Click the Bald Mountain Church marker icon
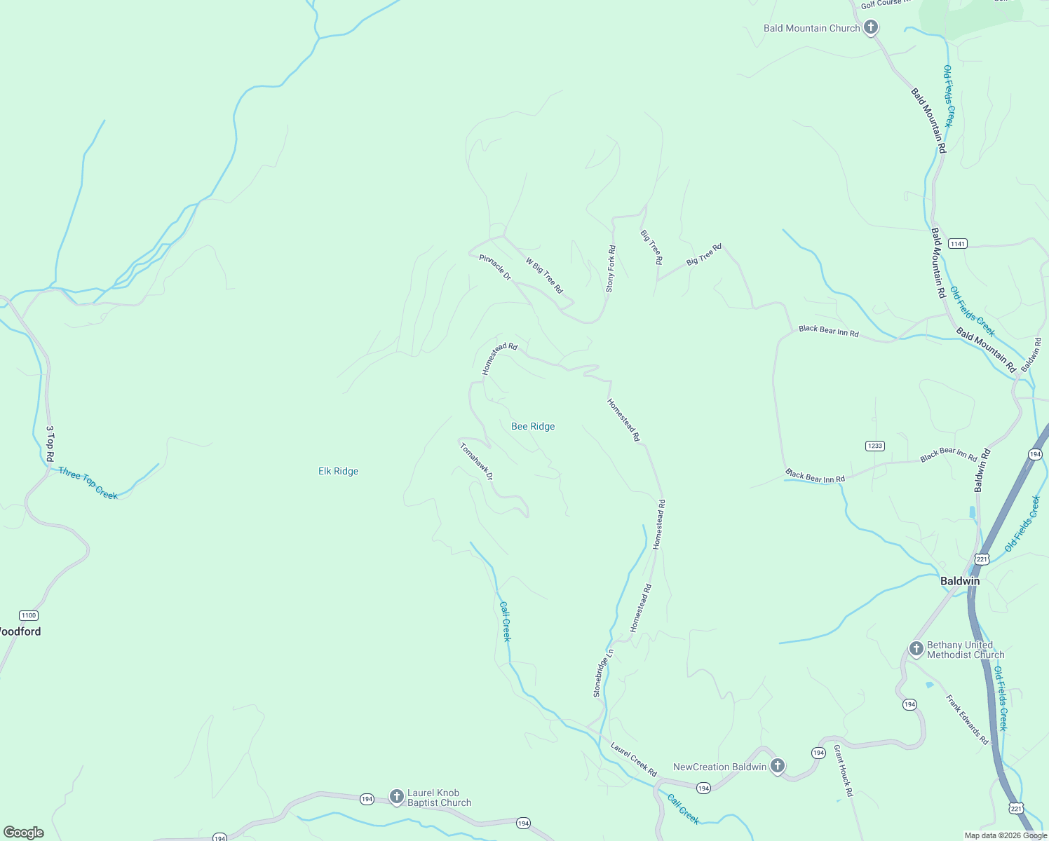point(870,28)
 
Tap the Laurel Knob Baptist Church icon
point(396,797)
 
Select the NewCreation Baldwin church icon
point(777,766)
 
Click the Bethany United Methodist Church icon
point(916,649)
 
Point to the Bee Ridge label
point(533,426)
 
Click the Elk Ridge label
point(338,471)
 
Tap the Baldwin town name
point(959,581)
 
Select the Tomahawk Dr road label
point(477,461)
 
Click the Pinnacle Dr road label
point(495,268)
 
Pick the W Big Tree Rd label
point(544,275)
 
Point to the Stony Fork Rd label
point(611,268)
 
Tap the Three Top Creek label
point(88,483)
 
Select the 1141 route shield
point(957,243)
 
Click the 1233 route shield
point(874,446)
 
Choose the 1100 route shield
point(28,615)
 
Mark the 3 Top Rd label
point(50,443)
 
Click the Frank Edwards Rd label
point(966,720)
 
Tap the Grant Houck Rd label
point(843,771)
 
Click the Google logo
point(24,833)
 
